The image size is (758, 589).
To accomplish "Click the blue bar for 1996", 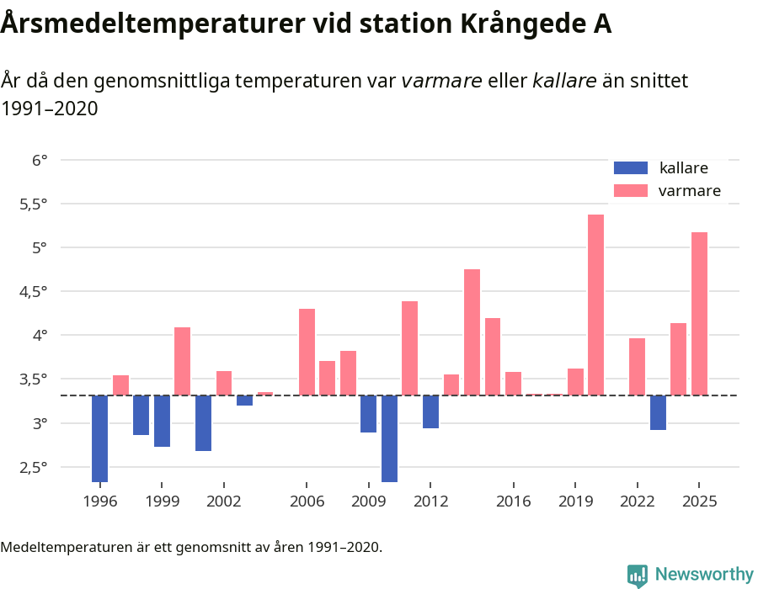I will tap(99, 438).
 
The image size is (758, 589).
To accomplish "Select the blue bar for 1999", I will tap(162, 421).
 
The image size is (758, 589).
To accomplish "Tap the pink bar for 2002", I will tap(224, 383).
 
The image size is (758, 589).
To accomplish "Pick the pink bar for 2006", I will tap(307, 352).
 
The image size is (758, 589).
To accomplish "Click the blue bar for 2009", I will tap(368, 414).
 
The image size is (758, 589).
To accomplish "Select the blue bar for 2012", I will tap(430, 411).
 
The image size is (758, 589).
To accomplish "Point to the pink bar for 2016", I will tap(513, 384).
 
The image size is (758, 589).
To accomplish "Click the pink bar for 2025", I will tap(699, 314).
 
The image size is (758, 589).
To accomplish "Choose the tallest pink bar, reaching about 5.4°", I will tap(595, 305).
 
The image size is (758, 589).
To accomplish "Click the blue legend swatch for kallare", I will tap(631, 167).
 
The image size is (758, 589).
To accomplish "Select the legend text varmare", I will tap(689, 191).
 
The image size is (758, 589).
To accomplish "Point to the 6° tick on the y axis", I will tap(40, 160).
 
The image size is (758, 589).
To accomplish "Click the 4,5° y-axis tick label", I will tap(34, 291).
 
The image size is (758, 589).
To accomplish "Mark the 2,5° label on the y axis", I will tap(34, 467).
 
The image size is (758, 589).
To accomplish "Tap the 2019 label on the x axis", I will tap(575, 501).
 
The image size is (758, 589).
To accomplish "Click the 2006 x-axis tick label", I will tap(307, 501).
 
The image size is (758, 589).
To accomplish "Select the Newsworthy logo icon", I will tap(638, 575).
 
